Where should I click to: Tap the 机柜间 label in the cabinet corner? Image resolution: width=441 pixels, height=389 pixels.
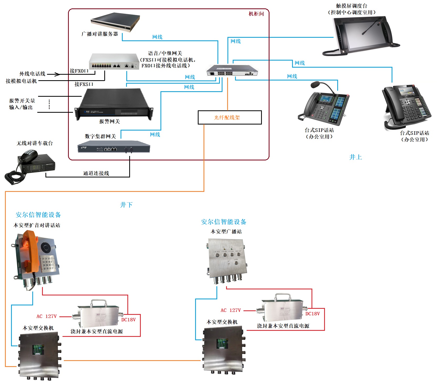coord(256,14)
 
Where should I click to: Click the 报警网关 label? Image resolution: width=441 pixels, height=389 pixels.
coord(110,121)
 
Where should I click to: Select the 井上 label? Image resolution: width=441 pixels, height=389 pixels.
coord(355,157)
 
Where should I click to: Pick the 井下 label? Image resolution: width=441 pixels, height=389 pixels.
coord(126,205)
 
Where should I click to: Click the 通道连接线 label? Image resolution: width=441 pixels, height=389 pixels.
coord(96,173)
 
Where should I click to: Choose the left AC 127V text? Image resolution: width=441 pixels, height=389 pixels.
coord(46,316)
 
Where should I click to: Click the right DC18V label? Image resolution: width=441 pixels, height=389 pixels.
coord(313,314)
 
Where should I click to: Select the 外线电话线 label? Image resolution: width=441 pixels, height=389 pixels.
coord(32,74)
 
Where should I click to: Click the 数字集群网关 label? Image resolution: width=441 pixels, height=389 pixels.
coord(100,136)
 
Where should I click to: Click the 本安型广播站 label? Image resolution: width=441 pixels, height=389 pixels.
coord(226,231)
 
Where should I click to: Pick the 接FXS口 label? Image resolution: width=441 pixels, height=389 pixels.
coord(84,84)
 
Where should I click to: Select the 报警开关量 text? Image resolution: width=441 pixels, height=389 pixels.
coord(22,101)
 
